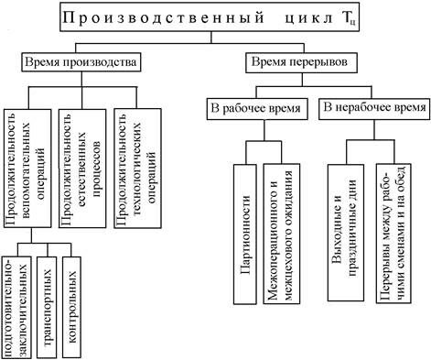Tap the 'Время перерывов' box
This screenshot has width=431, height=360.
click(x=293, y=63)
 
